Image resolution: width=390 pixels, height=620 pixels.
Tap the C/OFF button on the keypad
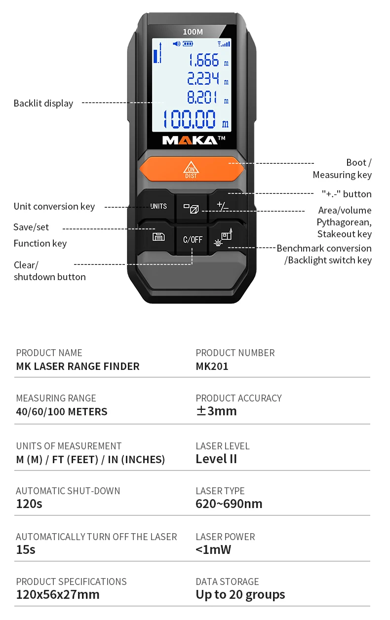point(193,239)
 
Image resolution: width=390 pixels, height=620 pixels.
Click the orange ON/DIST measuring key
point(192,169)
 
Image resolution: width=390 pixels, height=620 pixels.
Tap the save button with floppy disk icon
point(158,237)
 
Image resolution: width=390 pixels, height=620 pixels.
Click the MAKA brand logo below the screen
point(191,141)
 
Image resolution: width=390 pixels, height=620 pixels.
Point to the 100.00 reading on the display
point(190,120)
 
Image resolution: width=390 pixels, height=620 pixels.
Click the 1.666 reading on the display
point(203,61)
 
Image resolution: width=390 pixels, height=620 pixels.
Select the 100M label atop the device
point(193,32)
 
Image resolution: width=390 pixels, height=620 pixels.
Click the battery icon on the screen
point(188,44)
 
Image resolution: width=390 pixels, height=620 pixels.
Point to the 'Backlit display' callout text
point(43,103)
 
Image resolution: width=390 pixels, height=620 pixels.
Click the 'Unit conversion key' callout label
point(54,206)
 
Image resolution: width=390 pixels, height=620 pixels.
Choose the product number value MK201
point(212,366)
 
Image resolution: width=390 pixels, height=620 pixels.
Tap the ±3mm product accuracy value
point(216,411)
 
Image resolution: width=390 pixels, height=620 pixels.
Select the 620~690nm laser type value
point(229,504)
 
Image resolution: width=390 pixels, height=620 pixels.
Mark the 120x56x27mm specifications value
point(58,594)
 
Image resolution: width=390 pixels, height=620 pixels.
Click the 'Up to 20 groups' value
point(240,594)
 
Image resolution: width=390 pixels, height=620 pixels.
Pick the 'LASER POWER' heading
point(225,537)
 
